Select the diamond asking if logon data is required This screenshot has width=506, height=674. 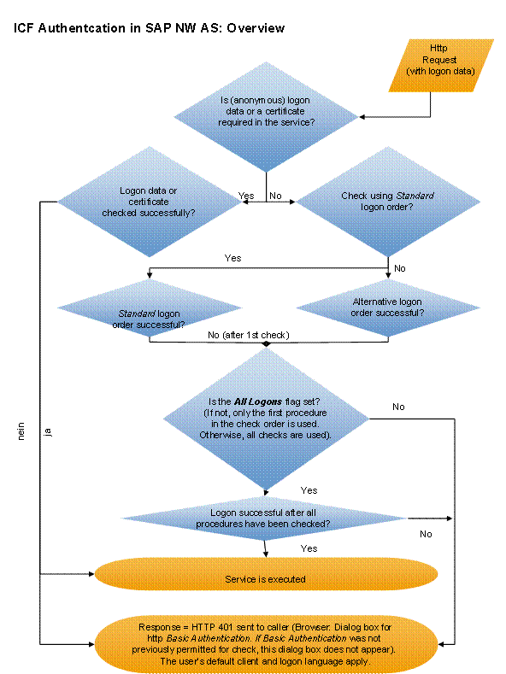click(x=268, y=115)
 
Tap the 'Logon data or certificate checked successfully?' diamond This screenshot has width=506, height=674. click(x=149, y=202)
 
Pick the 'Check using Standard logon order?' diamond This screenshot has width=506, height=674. click(x=387, y=202)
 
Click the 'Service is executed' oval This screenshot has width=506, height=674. click(x=265, y=578)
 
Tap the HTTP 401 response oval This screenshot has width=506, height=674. click(x=267, y=642)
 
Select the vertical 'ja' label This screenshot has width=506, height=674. click(x=49, y=433)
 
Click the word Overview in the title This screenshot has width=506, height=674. click(x=255, y=28)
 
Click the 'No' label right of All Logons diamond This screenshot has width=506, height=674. click(x=398, y=407)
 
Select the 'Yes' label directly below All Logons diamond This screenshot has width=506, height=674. click(x=309, y=490)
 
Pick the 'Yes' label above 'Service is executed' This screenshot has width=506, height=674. click(x=309, y=548)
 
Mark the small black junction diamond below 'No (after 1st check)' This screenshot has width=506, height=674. click(x=267, y=343)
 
